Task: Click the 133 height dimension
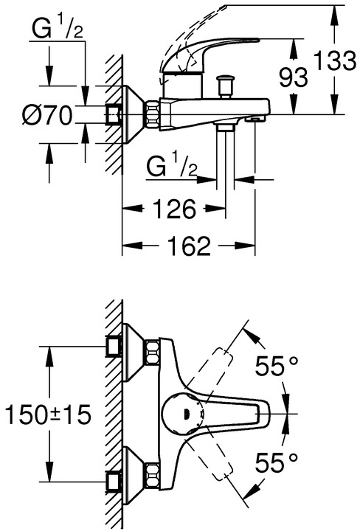pyautogui.click(x=335, y=60)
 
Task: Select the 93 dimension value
pyautogui.click(x=294, y=77)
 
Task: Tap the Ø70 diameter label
pyautogui.click(x=48, y=115)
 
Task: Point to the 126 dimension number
pyautogui.click(x=175, y=209)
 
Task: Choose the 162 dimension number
pyautogui.click(x=190, y=246)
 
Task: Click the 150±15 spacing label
pyautogui.click(x=49, y=414)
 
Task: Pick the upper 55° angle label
pyautogui.click(x=277, y=366)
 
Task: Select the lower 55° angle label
pyautogui.click(x=277, y=462)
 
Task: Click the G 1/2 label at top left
pyautogui.click(x=58, y=28)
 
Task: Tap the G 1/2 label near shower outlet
pyautogui.click(x=172, y=165)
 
